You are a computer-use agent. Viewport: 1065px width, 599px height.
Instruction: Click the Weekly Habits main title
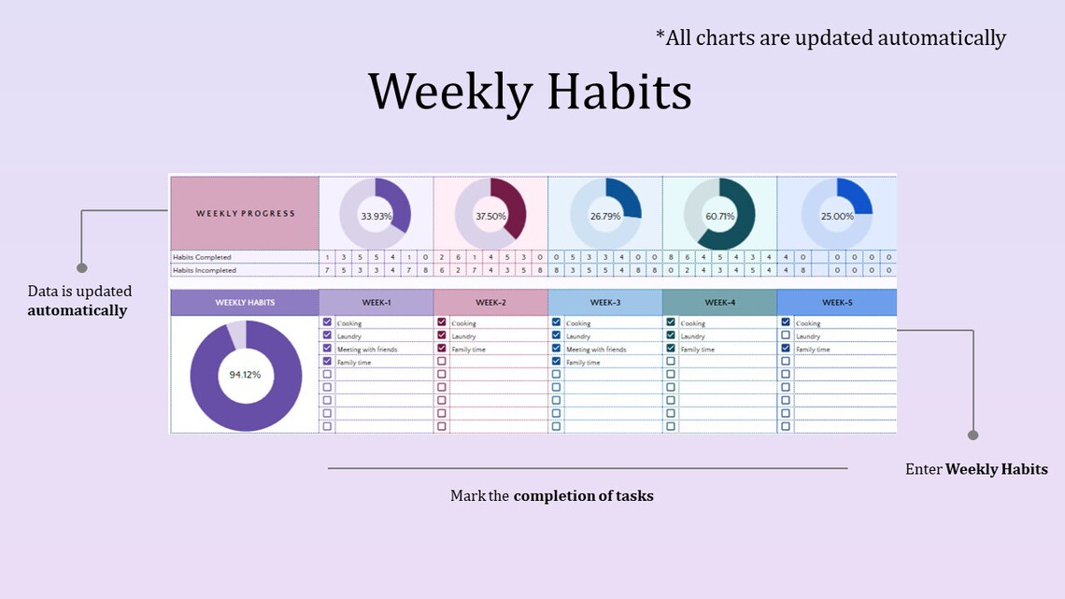coord(530,93)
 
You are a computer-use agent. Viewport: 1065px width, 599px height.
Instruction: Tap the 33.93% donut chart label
coord(376,216)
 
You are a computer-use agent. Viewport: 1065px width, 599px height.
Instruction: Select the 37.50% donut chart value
coord(490,216)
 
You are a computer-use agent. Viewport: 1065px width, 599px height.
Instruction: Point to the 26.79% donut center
coord(604,216)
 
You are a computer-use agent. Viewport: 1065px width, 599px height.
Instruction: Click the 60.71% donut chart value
coord(719,216)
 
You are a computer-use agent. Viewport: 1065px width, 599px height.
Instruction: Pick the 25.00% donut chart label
coord(836,216)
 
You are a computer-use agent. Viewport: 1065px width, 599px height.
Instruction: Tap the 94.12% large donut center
coord(245,375)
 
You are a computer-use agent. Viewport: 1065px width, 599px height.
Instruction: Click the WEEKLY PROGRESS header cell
coord(245,213)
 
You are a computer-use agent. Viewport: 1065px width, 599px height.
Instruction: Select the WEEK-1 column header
coord(376,303)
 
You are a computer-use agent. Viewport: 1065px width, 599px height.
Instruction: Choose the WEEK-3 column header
coord(604,303)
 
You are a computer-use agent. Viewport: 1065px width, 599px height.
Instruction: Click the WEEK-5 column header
coord(836,303)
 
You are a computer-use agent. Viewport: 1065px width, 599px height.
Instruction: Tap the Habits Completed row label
coord(202,257)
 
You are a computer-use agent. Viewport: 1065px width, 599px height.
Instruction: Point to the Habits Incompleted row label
coord(205,270)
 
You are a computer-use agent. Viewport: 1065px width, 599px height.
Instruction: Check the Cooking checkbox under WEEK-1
coord(327,322)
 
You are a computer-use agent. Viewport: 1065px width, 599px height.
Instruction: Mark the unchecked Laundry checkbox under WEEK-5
coord(786,335)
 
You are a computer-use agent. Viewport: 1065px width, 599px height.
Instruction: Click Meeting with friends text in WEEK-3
coord(595,349)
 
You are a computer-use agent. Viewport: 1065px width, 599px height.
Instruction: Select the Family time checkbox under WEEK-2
coord(442,349)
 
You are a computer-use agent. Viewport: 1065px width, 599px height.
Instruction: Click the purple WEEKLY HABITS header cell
coord(245,303)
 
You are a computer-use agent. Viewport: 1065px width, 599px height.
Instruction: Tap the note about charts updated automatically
coord(831,38)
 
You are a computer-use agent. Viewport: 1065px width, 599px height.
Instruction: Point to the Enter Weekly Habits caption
coord(976,469)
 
